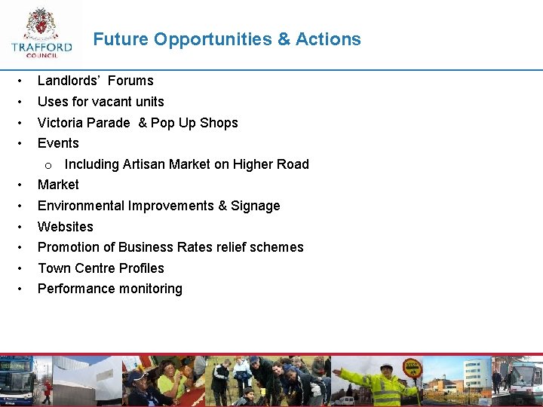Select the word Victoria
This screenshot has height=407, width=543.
point(61,123)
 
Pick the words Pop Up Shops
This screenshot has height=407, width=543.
point(195,123)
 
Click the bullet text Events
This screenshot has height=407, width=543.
point(58,143)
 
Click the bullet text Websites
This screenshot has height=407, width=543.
point(66,226)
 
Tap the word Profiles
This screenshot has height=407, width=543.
point(141,268)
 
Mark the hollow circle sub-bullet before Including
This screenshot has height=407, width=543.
point(48,165)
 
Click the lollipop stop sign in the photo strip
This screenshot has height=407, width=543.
point(412,367)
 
